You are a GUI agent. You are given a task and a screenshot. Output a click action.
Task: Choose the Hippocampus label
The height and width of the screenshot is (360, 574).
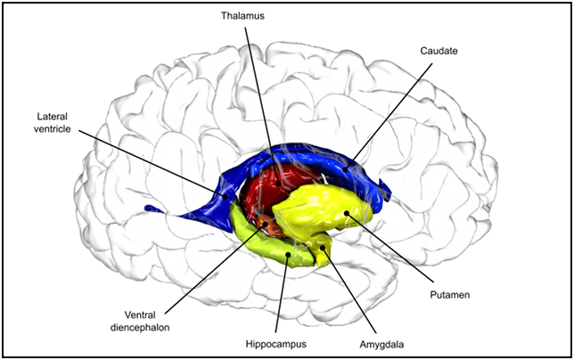pyautogui.click(x=278, y=341)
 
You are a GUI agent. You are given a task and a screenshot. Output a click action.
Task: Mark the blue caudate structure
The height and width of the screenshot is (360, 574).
pyautogui.click(x=303, y=160)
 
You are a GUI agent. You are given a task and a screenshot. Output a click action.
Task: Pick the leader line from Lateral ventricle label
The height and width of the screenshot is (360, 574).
pyautogui.click(x=152, y=160)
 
